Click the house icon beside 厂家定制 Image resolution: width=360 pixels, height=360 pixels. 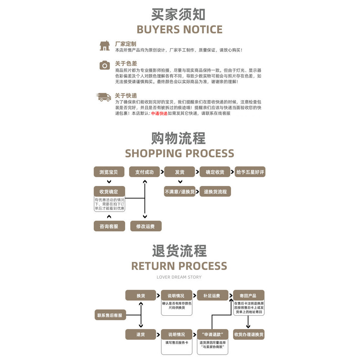[x=105, y=46]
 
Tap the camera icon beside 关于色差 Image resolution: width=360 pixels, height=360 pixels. [x=105, y=65]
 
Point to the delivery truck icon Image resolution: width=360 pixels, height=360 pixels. [x=104, y=97]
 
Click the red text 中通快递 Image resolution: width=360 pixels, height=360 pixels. [x=159, y=114]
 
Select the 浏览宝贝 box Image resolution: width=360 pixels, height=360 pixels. [x=109, y=172]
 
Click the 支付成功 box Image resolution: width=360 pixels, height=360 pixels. [x=144, y=172]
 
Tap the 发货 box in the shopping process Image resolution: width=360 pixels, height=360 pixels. [x=180, y=172]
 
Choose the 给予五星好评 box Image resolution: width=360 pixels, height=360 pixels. [x=250, y=172]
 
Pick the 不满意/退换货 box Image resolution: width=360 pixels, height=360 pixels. [x=180, y=192]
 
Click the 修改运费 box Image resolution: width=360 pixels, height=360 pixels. [x=146, y=226]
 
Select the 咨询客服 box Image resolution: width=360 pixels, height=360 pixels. [x=109, y=226]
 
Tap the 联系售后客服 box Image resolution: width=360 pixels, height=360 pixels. [x=110, y=315]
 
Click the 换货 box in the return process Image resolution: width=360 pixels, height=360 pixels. [x=141, y=295]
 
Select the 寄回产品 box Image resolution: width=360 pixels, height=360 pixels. [x=249, y=295]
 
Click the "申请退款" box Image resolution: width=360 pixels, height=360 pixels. [x=213, y=334]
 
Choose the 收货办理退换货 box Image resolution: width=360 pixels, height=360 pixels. [x=249, y=334]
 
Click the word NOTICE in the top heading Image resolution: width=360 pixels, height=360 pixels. [x=203, y=30]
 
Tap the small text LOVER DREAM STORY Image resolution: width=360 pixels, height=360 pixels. [x=179, y=277]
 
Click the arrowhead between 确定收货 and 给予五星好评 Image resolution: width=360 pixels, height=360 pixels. [x=232, y=172]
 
